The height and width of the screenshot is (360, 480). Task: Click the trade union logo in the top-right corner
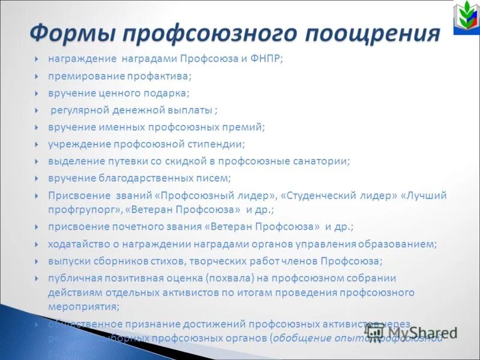click(x=465, y=19)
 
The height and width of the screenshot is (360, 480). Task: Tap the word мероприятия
click(x=83, y=306)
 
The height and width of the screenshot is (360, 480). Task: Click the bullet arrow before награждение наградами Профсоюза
click(x=37, y=59)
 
